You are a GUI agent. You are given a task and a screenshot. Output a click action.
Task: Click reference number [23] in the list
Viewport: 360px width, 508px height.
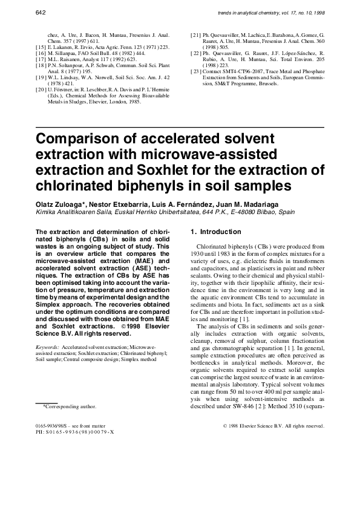tap(195, 71)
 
